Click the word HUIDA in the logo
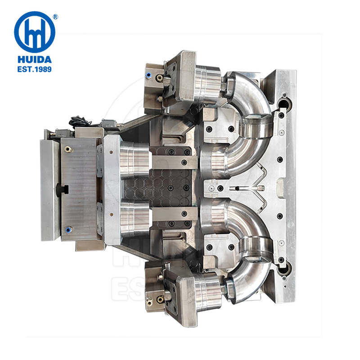pyautogui.click(x=34, y=59)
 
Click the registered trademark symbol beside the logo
pyautogui.click(x=55, y=17)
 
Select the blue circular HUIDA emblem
pyautogui.click(x=34, y=31)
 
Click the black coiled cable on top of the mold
pyautogui.click(x=77, y=121)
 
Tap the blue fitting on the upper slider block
pyautogui.click(x=148, y=75)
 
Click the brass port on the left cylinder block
pyautogui.click(x=67, y=148)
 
